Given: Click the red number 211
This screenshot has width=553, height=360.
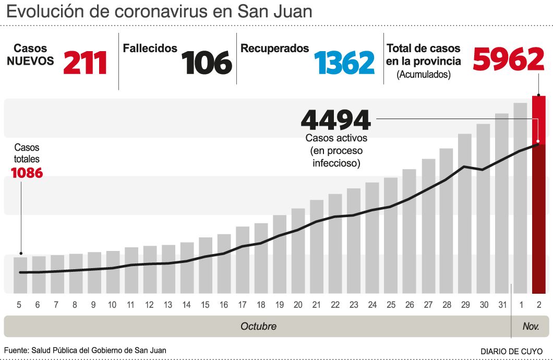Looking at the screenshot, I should [x=85, y=63].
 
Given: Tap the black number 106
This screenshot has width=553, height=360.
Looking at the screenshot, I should [x=207, y=63].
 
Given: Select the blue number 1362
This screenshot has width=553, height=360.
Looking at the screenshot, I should [x=344, y=63].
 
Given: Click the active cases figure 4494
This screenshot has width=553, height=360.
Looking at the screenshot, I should [x=336, y=120].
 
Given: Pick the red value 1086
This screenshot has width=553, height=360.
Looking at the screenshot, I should [x=27, y=173].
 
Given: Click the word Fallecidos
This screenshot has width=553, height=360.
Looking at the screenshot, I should [x=150, y=49].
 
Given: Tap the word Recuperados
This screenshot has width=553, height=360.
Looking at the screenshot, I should [x=275, y=49].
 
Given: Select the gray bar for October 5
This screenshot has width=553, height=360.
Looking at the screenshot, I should [x=20, y=275].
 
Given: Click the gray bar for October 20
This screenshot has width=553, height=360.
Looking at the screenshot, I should [x=298, y=250].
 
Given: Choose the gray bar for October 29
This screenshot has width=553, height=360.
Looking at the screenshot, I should [x=464, y=213].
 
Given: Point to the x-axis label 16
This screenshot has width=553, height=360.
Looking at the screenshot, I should [x=224, y=305].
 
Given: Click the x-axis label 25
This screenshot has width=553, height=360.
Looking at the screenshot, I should [x=391, y=305].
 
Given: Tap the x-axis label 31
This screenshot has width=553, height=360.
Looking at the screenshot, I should [x=502, y=305].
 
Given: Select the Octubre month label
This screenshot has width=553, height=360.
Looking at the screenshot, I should [x=258, y=327].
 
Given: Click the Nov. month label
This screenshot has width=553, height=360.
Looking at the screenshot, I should [x=531, y=327].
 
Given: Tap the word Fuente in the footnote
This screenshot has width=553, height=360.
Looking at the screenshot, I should [x=16, y=351].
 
